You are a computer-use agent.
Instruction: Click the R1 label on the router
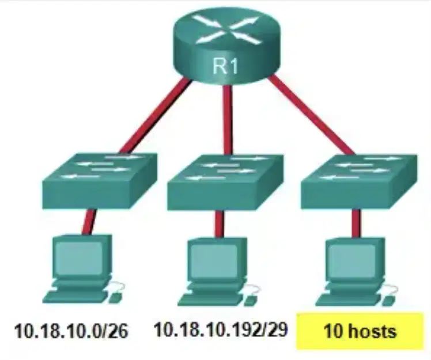[225, 66]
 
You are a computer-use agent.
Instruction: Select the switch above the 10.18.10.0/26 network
[100, 181]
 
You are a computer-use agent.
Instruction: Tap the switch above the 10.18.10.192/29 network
[225, 183]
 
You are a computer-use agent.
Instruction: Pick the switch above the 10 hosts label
[359, 182]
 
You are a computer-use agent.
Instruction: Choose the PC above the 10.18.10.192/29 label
[219, 271]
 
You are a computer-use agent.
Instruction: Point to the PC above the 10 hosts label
[357, 271]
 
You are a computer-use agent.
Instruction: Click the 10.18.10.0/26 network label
[71, 331]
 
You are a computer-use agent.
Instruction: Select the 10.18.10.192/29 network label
[221, 329]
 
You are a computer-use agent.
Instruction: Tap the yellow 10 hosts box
[360, 331]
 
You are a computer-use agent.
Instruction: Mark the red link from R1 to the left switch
[156, 116]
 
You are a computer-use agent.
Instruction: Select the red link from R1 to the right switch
[311, 115]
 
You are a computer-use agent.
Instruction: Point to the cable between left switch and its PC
[89, 222]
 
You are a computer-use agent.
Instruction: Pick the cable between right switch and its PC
[356, 223]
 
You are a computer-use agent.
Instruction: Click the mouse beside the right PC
[388, 300]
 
